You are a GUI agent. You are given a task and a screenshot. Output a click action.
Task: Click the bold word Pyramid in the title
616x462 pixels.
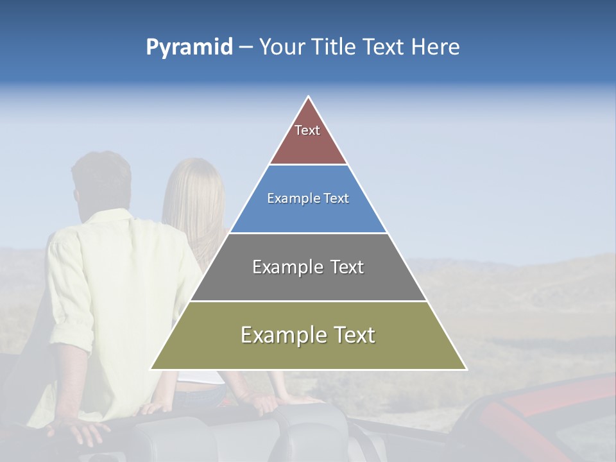coord(189,47)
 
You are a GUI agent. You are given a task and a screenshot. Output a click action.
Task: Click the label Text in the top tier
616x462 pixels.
coord(307,130)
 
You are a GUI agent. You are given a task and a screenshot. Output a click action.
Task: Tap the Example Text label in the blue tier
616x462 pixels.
coord(308,198)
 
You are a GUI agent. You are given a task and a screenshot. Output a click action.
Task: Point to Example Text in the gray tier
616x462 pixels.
coord(308,267)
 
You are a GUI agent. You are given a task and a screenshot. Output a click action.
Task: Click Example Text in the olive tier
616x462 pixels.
coord(308,335)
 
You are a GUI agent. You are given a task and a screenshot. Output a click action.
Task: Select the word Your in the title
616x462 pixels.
coord(280,47)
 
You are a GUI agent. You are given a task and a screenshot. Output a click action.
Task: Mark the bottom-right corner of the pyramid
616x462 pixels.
coord(466,369)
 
